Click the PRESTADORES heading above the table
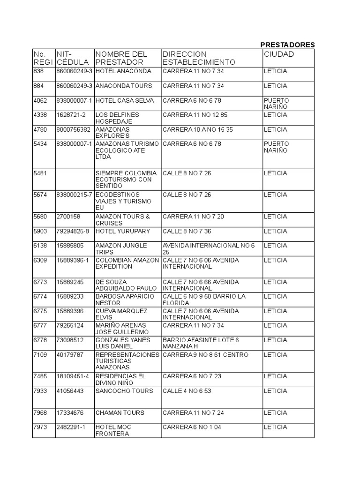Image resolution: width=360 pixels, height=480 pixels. (287, 45)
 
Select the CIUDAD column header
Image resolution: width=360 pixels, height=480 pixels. (279, 54)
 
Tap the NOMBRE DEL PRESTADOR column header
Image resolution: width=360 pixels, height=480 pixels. (121, 58)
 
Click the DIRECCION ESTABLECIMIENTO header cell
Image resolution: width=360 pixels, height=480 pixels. (199, 58)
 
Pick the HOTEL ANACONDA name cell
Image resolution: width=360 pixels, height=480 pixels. (123, 71)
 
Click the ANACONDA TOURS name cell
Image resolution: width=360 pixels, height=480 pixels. (123, 86)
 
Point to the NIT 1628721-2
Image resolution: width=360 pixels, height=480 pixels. (71, 115)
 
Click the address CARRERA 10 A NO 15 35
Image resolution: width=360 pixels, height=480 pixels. (197, 129)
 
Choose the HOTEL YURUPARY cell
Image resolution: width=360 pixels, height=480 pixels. (122, 231)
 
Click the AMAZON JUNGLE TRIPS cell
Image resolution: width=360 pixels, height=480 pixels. (121, 249)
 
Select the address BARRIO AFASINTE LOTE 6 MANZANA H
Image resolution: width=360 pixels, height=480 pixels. (201, 343)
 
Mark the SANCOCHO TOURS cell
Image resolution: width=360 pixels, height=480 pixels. (124, 391)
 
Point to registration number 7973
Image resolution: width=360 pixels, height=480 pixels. (41, 427)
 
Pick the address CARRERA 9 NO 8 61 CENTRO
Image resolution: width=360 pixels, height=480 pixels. (205, 355)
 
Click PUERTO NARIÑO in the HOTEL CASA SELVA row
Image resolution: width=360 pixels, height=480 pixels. (277, 104)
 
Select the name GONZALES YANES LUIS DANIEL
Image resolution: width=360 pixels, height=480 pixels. (120, 343)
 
